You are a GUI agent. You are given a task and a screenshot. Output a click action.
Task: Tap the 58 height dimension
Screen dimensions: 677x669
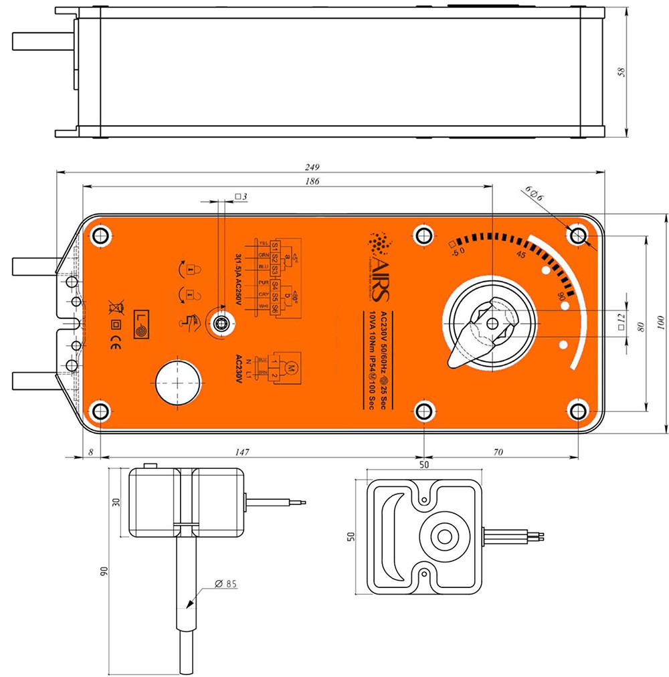(622, 73)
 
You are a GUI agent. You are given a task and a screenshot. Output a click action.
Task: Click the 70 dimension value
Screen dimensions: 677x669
(498, 453)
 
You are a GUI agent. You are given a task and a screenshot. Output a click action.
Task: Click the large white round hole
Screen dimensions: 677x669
(178, 382)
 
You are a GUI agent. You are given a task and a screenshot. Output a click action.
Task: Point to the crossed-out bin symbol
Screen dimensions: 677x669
(116, 308)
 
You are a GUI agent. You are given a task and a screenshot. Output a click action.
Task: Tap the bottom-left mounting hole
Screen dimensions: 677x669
(100, 411)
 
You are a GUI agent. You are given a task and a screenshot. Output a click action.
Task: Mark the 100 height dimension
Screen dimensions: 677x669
(662, 324)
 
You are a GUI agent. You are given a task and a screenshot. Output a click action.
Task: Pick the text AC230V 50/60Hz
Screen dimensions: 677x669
(383, 345)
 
